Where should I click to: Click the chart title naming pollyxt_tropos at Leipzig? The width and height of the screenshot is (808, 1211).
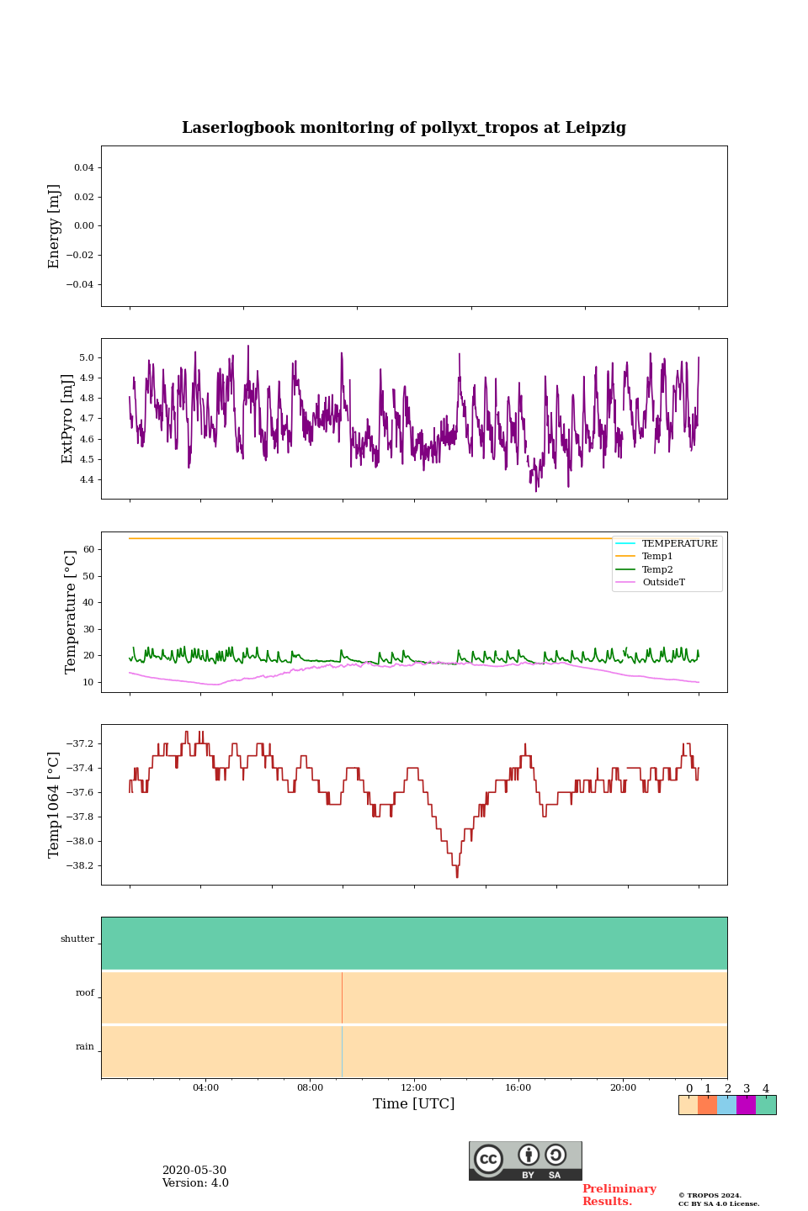tap(404, 128)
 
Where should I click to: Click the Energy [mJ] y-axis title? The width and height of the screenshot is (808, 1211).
tap(55, 226)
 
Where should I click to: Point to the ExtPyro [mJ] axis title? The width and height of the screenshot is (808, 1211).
tap(68, 419)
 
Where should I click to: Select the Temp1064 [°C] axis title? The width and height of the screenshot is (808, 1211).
tap(55, 805)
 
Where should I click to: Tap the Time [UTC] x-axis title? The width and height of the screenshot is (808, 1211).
tap(414, 1103)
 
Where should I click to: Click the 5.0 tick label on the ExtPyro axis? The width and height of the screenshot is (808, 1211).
tap(87, 357)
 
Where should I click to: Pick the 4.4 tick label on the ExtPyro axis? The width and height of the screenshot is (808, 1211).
tap(87, 480)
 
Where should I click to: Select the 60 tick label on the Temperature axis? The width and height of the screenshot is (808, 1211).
tap(88, 550)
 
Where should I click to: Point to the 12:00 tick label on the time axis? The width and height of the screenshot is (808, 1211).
tap(414, 1087)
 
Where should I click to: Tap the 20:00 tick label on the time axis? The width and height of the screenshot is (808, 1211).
tap(623, 1087)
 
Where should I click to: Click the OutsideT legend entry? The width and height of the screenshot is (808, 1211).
tap(663, 582)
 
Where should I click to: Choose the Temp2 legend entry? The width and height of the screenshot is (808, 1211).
tap(657, 569)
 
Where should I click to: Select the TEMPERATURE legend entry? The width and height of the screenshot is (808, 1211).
tap(679, 543)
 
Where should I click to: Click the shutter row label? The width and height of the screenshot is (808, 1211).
tap(77, 939)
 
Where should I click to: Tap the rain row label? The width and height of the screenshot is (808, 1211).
tap(85, 1046)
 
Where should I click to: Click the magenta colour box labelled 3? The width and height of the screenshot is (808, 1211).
tap(746, 1105)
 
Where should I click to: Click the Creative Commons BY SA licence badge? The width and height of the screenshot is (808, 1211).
tap(525, 1161)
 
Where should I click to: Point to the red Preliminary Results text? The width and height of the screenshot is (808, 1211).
tap(619, 1195)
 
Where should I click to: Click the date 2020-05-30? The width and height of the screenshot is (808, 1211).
tap(194, 1171)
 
